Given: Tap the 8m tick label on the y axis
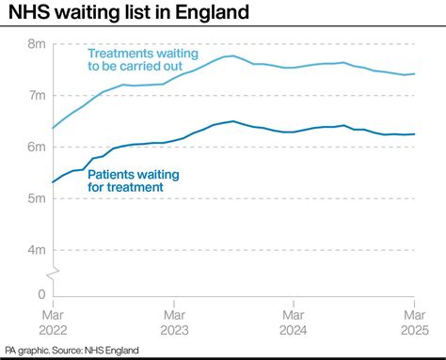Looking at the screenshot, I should pyautogui.click(x=37, y=44).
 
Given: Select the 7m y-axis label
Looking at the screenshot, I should pyautogui.click(x=37, y=96).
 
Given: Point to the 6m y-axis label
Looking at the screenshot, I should pyautogui.click(x=37, y=147).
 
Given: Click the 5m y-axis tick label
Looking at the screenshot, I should pyautogui.click(x=37, y=198).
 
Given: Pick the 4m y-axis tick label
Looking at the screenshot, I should pyautogui.click(x=37, y=250).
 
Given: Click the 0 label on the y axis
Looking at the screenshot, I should pyautogui.click(x=41, y=294).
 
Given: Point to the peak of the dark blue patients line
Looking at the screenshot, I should pyautogui.click(x=233, y=121).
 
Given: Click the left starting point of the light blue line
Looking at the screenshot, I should pyautogui.click(x=53, y=128).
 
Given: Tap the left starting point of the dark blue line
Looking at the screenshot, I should pyautogui.click(x=53, y=182).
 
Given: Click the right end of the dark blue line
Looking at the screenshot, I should pyautogui.click(x=415, y=134).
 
